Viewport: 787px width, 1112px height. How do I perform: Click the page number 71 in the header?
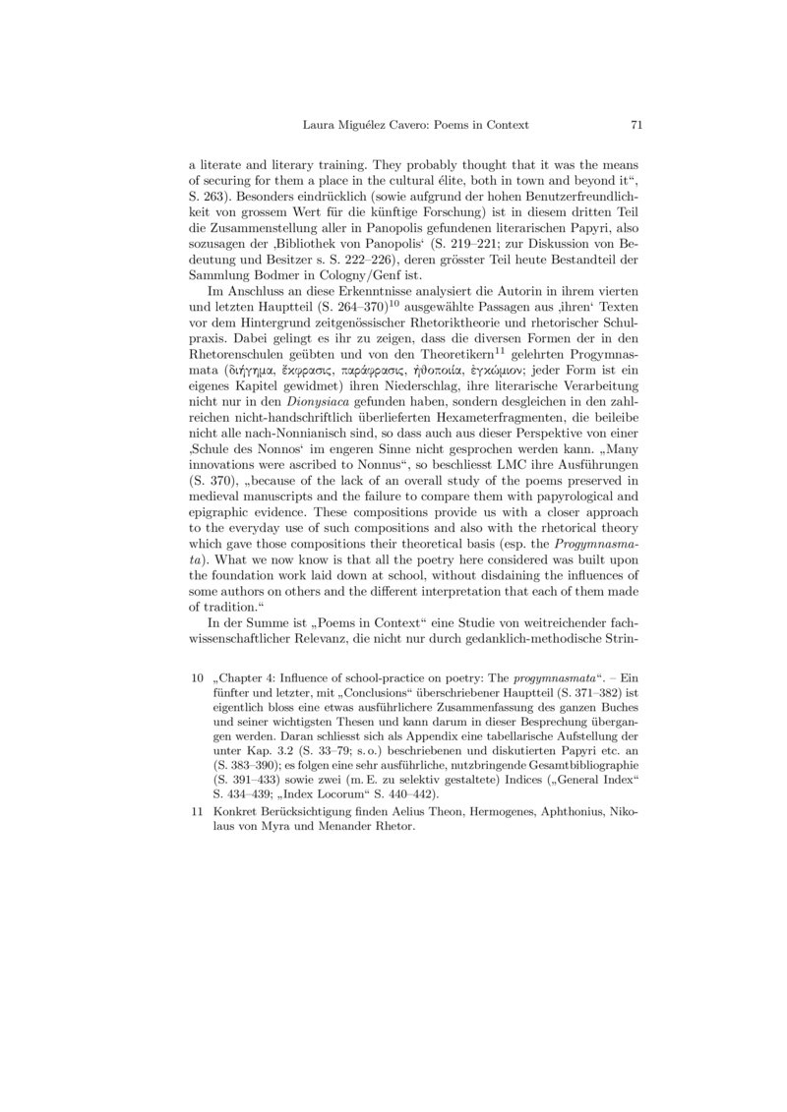click(x=636, y=125)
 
